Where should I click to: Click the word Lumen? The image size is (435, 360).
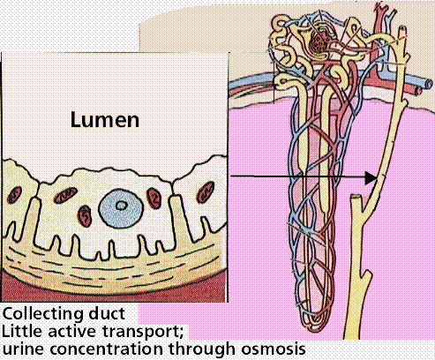[x=105, y=120]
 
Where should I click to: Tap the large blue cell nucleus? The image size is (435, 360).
[x=121, y=208]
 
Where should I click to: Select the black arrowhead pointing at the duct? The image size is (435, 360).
[x=371, y=177]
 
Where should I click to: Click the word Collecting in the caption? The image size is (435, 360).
[x=42, y=314]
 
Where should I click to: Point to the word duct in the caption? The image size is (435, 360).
[x=107, y=313]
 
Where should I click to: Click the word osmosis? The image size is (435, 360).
[x=274, y=349]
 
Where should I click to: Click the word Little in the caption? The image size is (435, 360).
[x=22, y=332]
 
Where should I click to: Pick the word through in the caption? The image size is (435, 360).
[x=202, y=349]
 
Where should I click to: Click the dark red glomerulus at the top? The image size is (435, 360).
[x=319, y=41]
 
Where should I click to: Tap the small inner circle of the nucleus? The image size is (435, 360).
[x=121, y=206]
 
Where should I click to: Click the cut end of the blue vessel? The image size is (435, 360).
[x=429, y=83]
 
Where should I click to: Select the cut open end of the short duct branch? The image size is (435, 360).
[x=356, y=197]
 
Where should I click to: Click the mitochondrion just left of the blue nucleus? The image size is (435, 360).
[x=86, y=216]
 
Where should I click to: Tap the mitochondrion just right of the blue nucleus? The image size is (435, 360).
[x=154, y=199]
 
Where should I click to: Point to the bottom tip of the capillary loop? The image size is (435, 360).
[x=315, y=330]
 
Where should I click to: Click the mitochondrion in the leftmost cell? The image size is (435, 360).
[x=13, y=195]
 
